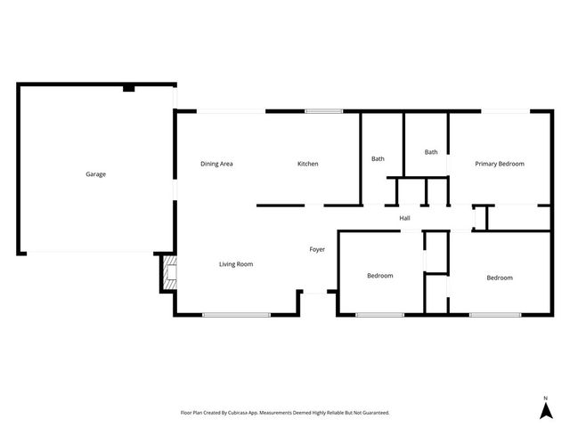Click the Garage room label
[95, 174]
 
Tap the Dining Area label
[216, 164]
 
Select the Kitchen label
[307, 164]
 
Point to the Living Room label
[237, 264]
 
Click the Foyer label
[317, 249]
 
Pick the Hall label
[404, 218]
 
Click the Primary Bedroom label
[499, 164]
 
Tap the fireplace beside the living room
[167, 274]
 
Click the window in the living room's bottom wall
[236, 315]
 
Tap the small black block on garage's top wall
[129, 88]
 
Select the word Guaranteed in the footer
[373, 413]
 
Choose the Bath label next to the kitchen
[378, 159]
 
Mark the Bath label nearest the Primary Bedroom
[431, 152]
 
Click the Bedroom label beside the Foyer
[380, 276]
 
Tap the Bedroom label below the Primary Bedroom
[499, 278]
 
